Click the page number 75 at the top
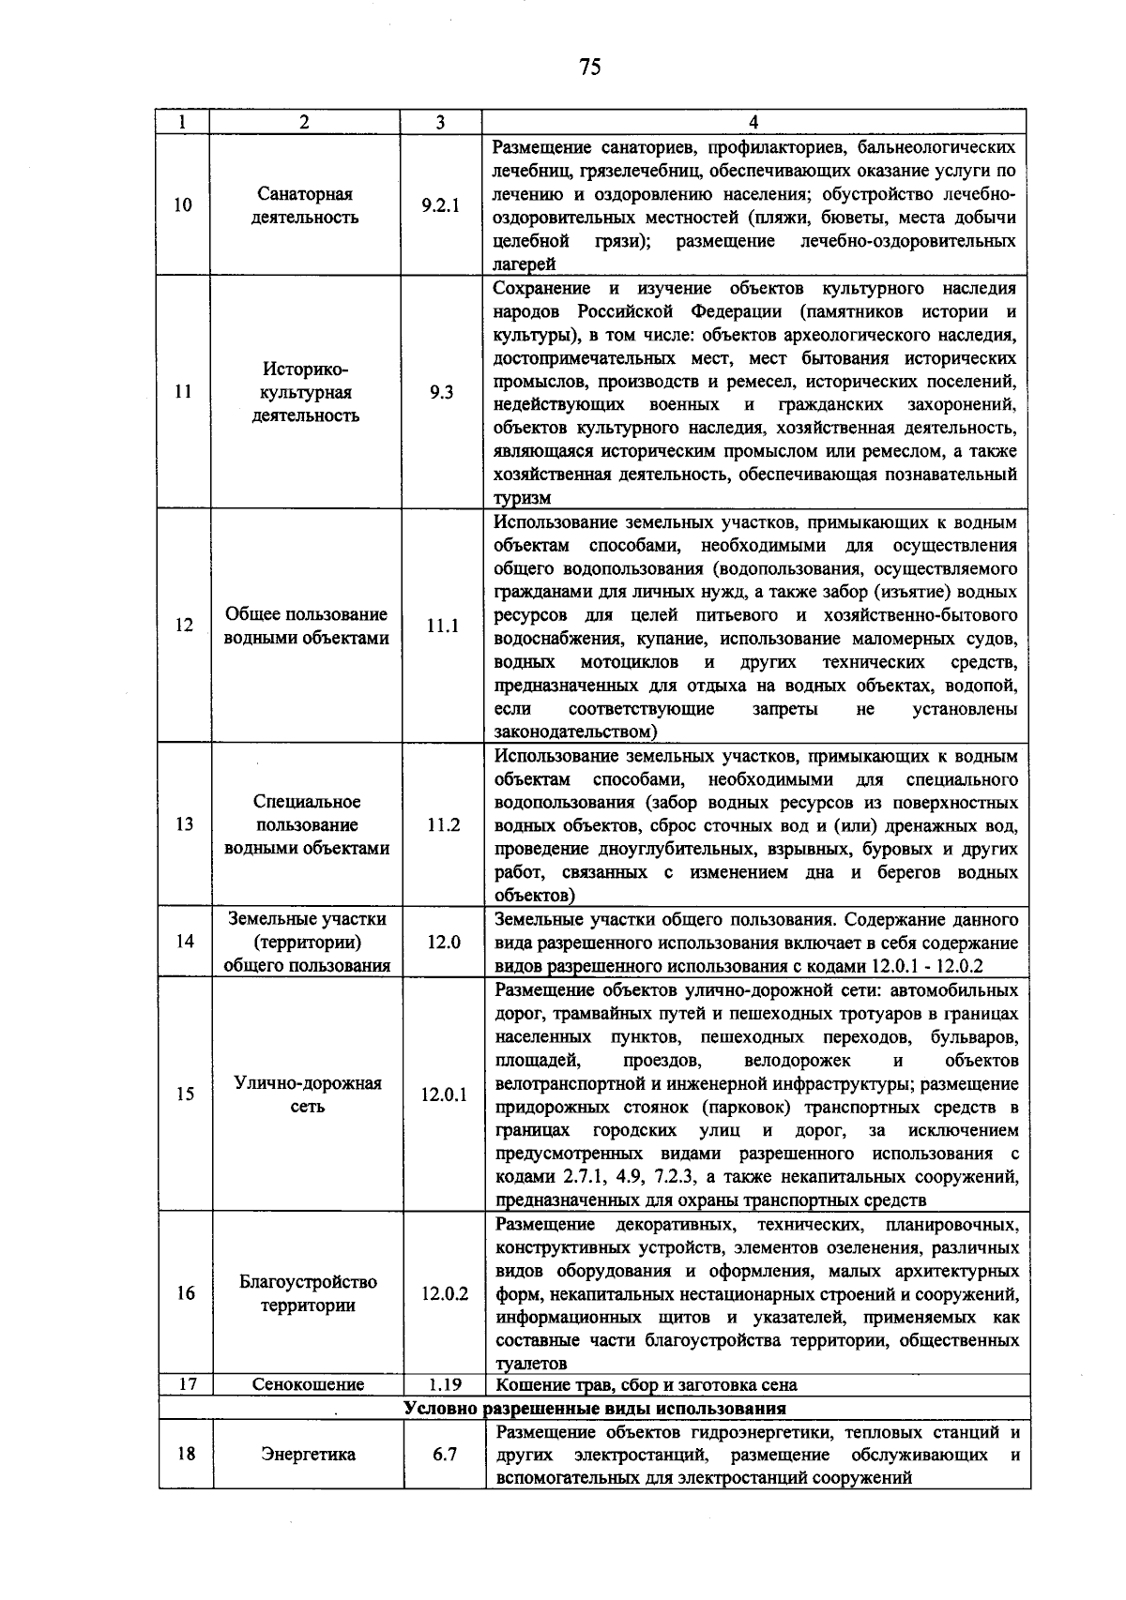589,67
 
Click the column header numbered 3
441,122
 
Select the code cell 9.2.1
441,205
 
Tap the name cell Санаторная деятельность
305,205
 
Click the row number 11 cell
184,392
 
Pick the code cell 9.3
441,392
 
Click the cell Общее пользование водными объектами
306,626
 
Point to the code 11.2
443,824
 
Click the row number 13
185,824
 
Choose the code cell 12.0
443,942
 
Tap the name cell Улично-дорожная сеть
308,1094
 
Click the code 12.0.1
444,1094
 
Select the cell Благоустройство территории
308,1293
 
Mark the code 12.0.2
445,1293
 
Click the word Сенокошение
308,1384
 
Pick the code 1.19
445,1384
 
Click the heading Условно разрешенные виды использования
594,1408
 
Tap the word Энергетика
308,1455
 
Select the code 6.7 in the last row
445,1455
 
